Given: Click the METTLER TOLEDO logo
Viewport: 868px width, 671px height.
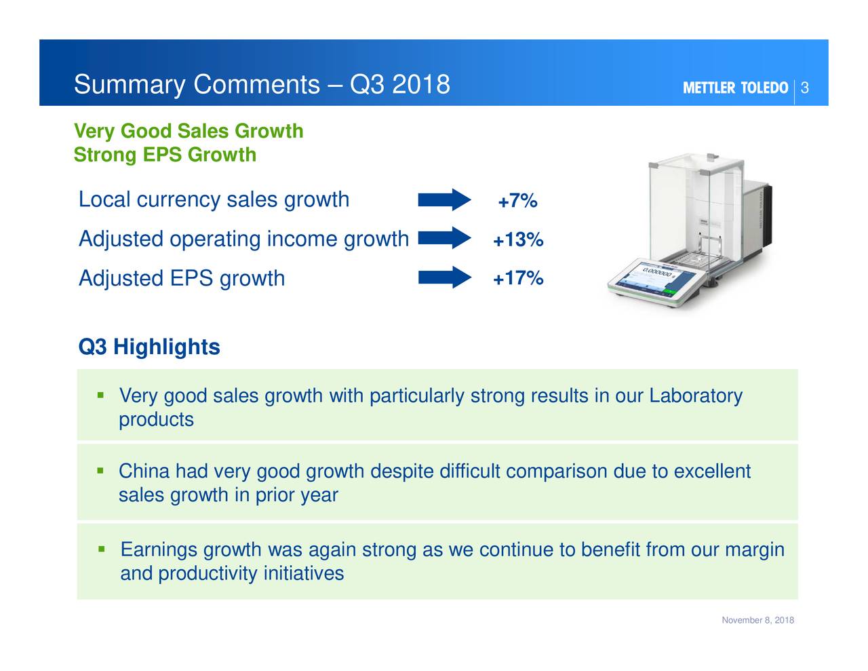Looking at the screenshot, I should tap(735, 88).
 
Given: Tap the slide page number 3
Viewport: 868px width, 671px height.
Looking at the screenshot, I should tap(805, 88).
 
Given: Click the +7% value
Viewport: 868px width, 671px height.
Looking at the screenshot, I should tap(517, 202).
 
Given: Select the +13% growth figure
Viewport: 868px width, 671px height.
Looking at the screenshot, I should tap(517, 240).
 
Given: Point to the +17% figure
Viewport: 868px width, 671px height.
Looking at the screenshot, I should tap(517, 278).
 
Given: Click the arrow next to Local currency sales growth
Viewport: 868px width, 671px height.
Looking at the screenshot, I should tap(444, 199).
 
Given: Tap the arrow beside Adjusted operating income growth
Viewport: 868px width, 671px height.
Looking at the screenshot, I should tap(444, 238).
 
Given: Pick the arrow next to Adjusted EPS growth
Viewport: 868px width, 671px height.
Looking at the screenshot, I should tap(444, 277).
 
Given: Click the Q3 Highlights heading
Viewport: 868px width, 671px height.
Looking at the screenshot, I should tap(149, 347).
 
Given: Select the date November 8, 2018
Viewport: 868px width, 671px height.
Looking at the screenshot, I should tap(757, 621).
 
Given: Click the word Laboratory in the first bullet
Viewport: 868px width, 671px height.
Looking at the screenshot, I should tap(696, 396).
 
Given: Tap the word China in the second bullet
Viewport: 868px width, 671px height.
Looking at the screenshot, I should tap(144, 471).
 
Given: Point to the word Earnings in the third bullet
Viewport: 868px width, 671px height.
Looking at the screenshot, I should tap(159, 550).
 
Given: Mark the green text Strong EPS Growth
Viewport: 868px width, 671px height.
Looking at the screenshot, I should tap(165, 155).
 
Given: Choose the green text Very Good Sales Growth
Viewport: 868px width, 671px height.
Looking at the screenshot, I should tap(189, 131).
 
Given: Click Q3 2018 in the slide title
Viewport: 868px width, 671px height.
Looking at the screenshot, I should tap(399, 85).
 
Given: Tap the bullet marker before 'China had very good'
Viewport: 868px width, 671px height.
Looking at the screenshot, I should tap(100, 470).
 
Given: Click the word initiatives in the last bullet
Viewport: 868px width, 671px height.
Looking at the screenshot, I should tap(303, 574).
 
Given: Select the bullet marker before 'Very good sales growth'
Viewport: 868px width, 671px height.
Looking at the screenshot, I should tap(100, 394).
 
